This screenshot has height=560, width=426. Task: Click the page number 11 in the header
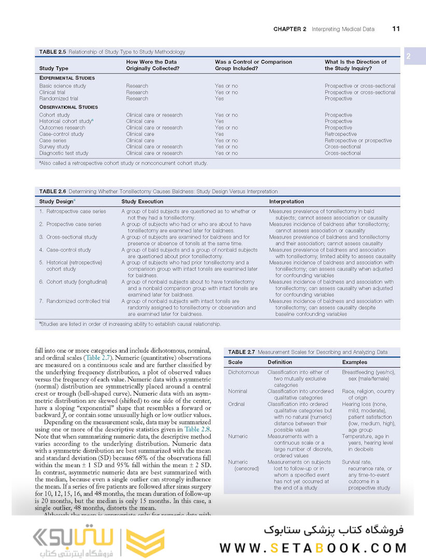[396, 29]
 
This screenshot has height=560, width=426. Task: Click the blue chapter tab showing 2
[408, 57]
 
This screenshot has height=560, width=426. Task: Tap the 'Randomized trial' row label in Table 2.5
[59, 99]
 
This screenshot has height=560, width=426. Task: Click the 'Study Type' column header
[53, 68]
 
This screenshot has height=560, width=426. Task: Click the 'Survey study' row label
[54, 147]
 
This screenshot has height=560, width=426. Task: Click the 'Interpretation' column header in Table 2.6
[286, 201]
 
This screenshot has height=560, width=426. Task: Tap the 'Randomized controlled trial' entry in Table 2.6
[78, 301]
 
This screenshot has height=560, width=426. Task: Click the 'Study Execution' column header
[142, 201]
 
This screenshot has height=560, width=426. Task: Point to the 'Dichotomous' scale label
[243, 372]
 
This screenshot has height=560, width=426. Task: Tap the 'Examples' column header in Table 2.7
[354, 362]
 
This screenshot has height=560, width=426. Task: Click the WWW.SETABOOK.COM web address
[313, 548]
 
